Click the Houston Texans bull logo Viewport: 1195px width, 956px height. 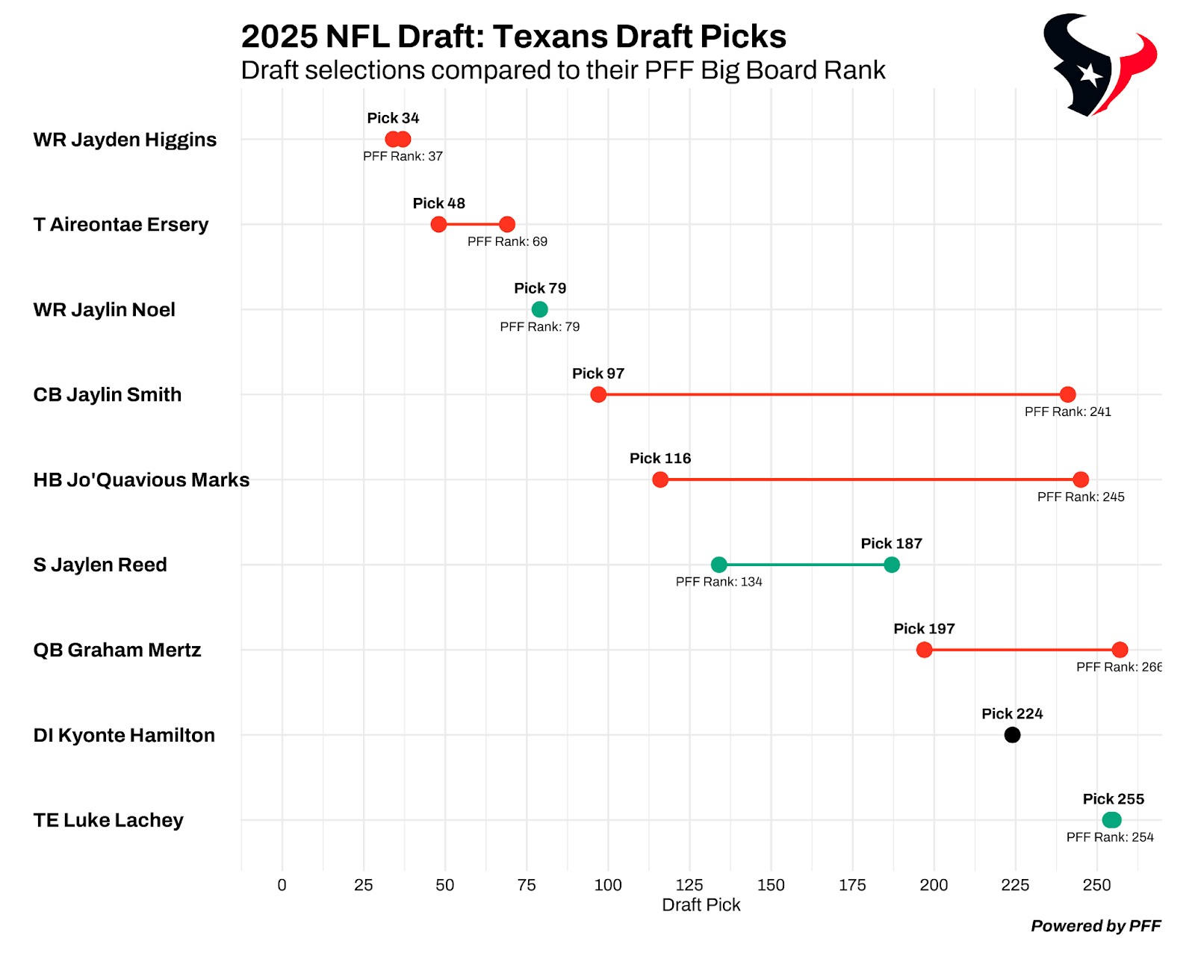click(x=1099, y=66)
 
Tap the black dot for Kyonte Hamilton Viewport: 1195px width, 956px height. click(x=1012, y=735)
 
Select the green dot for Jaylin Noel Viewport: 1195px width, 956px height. click(x=539, y=309)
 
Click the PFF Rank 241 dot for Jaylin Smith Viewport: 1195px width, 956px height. click(x=1068, y=394)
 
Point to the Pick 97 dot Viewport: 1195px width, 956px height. click(x=598, y=394)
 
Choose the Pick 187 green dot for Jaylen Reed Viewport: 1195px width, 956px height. click(x=891, y=565)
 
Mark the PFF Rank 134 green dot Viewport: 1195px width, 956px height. click(x=718, y=565)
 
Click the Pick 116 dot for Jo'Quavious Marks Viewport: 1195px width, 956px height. click(x=660, y=479)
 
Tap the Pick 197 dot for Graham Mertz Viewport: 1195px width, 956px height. click(x=924, y=650)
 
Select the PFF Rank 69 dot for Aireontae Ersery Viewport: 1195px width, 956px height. click(x=507, y=224)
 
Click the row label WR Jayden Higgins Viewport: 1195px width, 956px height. click(x=125, y=140)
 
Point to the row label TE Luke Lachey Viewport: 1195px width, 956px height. click(x=108, y=820)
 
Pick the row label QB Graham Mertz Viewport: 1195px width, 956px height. click(x=117, y=650)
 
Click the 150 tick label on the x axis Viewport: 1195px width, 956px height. click(x=771, y=885)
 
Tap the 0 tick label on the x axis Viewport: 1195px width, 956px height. click(x=282, y=885)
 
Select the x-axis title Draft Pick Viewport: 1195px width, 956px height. click(x=701, y=905)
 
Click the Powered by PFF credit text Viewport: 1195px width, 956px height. click(x=1096, y=926)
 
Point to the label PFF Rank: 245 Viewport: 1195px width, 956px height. click(x=1081, y=497)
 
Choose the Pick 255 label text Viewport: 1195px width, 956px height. click(x=1113, y=799)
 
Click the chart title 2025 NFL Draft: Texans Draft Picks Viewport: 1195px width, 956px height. click(x=513, y=37)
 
